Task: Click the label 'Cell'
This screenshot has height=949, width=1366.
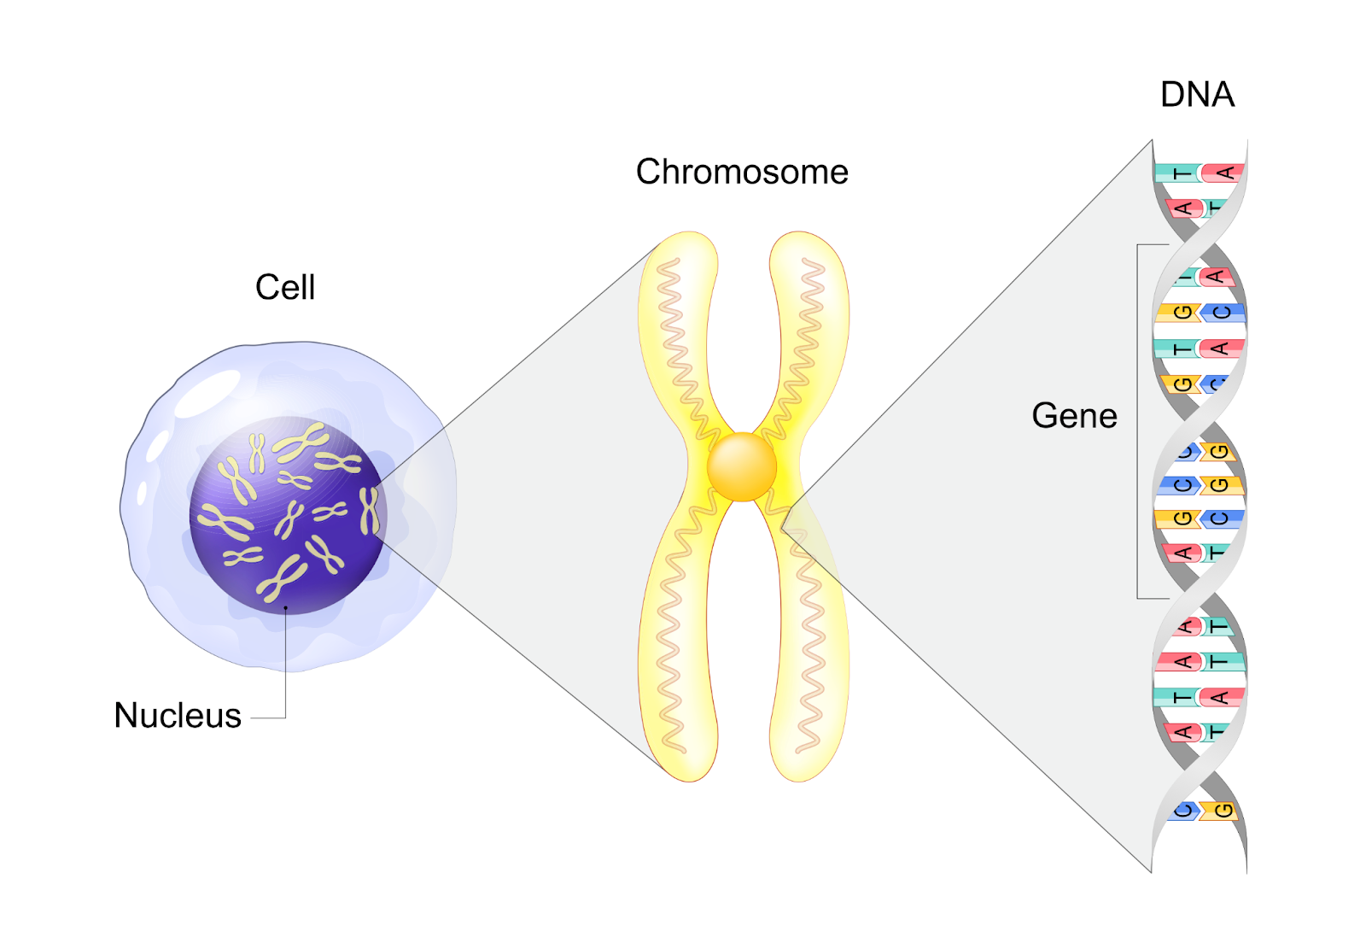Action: tap(285, 288)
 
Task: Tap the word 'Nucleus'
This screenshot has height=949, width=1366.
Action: tap(178, 716)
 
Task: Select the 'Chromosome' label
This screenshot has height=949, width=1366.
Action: tap(742, 173)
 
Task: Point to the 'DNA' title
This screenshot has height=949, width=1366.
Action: tap(1197, 95)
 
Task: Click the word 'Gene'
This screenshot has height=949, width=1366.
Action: tap(1074, 417)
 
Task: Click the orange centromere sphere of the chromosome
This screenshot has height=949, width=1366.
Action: tap(742, 467)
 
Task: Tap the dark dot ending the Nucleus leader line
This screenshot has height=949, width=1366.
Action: tap(286, 609)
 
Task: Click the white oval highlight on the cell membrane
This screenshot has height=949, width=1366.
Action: tap(207, 394)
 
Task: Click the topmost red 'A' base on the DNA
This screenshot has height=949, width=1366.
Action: tap(1223, 173)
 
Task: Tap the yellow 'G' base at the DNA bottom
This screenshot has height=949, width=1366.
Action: tap(1222, 810)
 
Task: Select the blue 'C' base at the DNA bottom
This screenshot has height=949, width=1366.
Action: tap(1183, 810)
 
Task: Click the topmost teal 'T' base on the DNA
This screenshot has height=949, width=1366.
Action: tap(1177, 173)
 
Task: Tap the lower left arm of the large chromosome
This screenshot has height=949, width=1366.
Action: tap(674, 649)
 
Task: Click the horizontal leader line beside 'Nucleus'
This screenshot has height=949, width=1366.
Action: tap(268, 718)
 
